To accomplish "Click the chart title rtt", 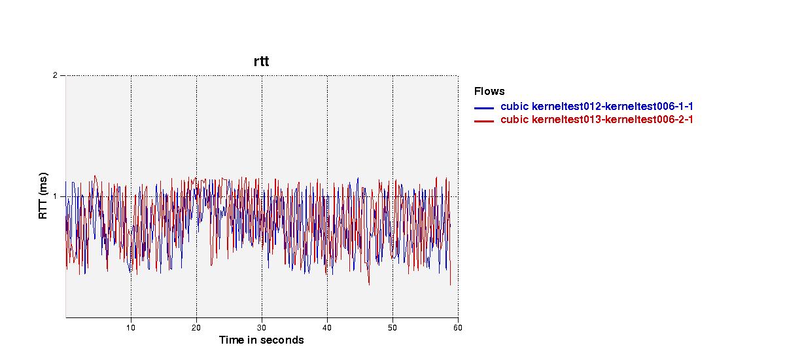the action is [x=262, y=62].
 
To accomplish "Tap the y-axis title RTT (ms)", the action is [x=43, y=196].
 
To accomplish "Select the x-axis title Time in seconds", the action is [x=262, y=340].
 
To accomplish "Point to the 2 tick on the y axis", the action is [x=55, y=75].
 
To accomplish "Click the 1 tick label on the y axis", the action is [x=55, y=196].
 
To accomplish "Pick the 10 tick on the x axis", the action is [x=131, y=328].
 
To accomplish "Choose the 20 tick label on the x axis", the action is [x=196, y=328].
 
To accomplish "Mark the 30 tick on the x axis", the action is [x=262, y=328].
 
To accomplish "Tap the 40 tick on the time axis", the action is [x=327, y=328].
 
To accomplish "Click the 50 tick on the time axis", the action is [x=392, y=328].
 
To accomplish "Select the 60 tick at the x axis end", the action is [x=458, y=328].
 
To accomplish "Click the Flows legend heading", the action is [x=489, y=91].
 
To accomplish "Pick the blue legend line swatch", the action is [x=484, y=108].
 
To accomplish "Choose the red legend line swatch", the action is [x=484, y=121].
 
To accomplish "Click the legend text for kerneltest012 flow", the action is [x=597, y=106].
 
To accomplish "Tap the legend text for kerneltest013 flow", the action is [x=597, y=120].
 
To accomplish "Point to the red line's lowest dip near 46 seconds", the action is [x=369, y=284].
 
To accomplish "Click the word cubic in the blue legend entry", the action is [x=514, y=106].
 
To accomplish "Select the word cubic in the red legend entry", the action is [x=514, y=120].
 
